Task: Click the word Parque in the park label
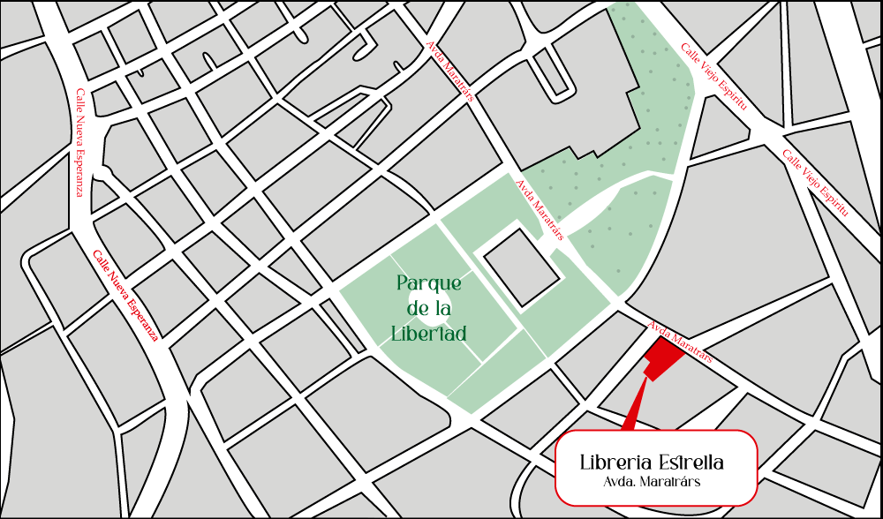[x=429, y=284]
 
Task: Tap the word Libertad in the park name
[x=429, y=334]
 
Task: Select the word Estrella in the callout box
[x=691, y=463]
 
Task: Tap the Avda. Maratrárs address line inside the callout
[x=652, y=482]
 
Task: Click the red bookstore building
[x=663, y=357]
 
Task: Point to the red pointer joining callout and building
[x=632, y=408]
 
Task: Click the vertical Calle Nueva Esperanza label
[x=79, y=141]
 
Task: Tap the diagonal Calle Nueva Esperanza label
[x=126, y=296]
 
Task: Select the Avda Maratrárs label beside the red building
[x=680, y=342]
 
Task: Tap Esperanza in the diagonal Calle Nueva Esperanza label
[x=142, y=318]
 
